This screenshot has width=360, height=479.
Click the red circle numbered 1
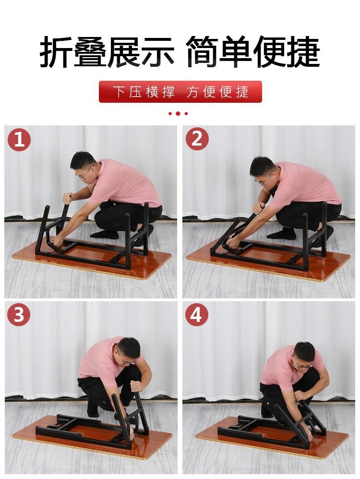pyautogui.click(x=19, y=140)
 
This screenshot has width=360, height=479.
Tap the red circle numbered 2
pyautogui.click(x=197, y=139)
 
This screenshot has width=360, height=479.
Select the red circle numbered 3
pyautogui.click(x=19, y=314)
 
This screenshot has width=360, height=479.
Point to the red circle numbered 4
pyautogui.click(x=196, y=314)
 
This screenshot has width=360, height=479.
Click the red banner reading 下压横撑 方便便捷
pyautogui.click(x=180, y=92)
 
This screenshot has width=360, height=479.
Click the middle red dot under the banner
pyautogui.click(x=178, y=113)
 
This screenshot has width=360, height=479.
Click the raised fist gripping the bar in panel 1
pyautogui.click(x=67, y=198)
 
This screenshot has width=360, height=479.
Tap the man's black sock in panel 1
pyautogui.click(x=105, y=234)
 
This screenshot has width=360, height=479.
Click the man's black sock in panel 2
pyautogui.click(x=282, y=233)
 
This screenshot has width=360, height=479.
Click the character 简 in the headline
pyautogui.click(x=202, y=52)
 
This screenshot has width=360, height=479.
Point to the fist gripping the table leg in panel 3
pyautogui.click(x=136, y=386)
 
